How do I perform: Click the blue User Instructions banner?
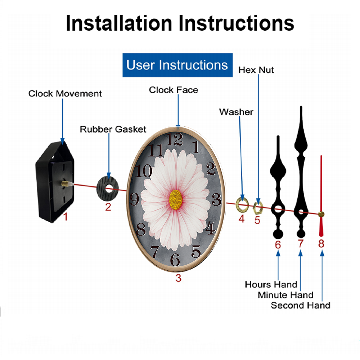[x=177, y=65]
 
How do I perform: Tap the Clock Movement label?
[x=65, y=94]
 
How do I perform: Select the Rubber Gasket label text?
[x=113, y=129]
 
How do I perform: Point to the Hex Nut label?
[x=256, y=70]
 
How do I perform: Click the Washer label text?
[x=236, y=112]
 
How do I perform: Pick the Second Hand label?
[x=301, y=305]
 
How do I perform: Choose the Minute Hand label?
[x=285, y=295]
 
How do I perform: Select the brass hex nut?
[x=258, y=208]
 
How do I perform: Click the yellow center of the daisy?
[x=176, y=200]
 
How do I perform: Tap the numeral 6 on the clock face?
[x=175, y=260]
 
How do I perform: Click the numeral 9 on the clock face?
[x=135, y=199]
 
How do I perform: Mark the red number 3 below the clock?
[x=179, y=278]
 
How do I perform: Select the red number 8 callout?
[x=321, y=244]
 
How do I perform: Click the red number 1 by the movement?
[x=66, y=217]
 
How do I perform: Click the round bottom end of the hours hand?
[x=278, y=234]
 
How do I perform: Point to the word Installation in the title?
[x=119, y=23]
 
